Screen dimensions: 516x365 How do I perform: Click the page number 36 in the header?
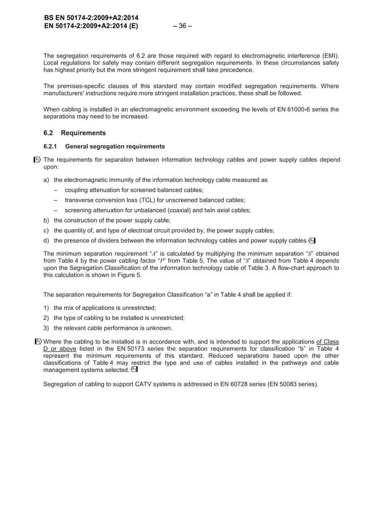(182, 25)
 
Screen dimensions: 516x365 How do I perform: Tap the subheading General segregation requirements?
(115, 146)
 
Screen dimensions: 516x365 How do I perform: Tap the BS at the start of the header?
(49, 18)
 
